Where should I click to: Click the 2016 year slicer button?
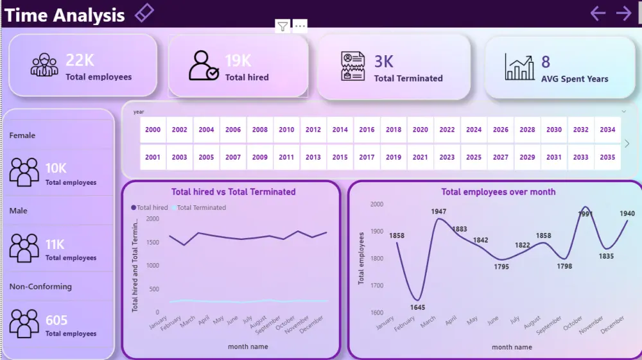367,130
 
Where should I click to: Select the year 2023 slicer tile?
447,157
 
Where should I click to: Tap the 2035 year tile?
607,157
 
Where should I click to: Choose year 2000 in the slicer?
153,130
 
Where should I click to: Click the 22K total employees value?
80,60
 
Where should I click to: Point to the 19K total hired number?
238,61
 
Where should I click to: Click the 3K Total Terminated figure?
384,62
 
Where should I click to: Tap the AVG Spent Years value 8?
546,62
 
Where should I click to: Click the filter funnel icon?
282,26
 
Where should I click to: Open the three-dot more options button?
300,26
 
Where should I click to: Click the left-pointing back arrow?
598,13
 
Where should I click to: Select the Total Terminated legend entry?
201,208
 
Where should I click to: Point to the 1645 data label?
417,307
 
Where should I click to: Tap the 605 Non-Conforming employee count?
56,320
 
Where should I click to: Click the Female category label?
22,135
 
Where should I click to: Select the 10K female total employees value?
56,168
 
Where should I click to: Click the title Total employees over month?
498,192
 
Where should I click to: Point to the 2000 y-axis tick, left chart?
152,218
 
